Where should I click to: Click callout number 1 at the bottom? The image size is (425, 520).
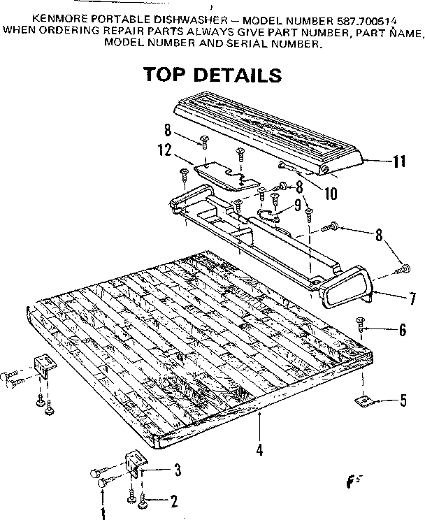pyautogui.click(x=103, y=514)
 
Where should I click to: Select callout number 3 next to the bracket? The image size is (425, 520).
pyautogui.click(x=178, y=470)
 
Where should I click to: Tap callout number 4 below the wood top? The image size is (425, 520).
pyautogui.click(x=259, y=450)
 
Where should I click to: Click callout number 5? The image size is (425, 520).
pyautogui.click(x=403, y=402)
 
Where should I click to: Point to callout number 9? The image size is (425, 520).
pyautogui.click(x=297, y=205)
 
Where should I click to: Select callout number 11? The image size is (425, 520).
pyautogui.click(x=398, y=161)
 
